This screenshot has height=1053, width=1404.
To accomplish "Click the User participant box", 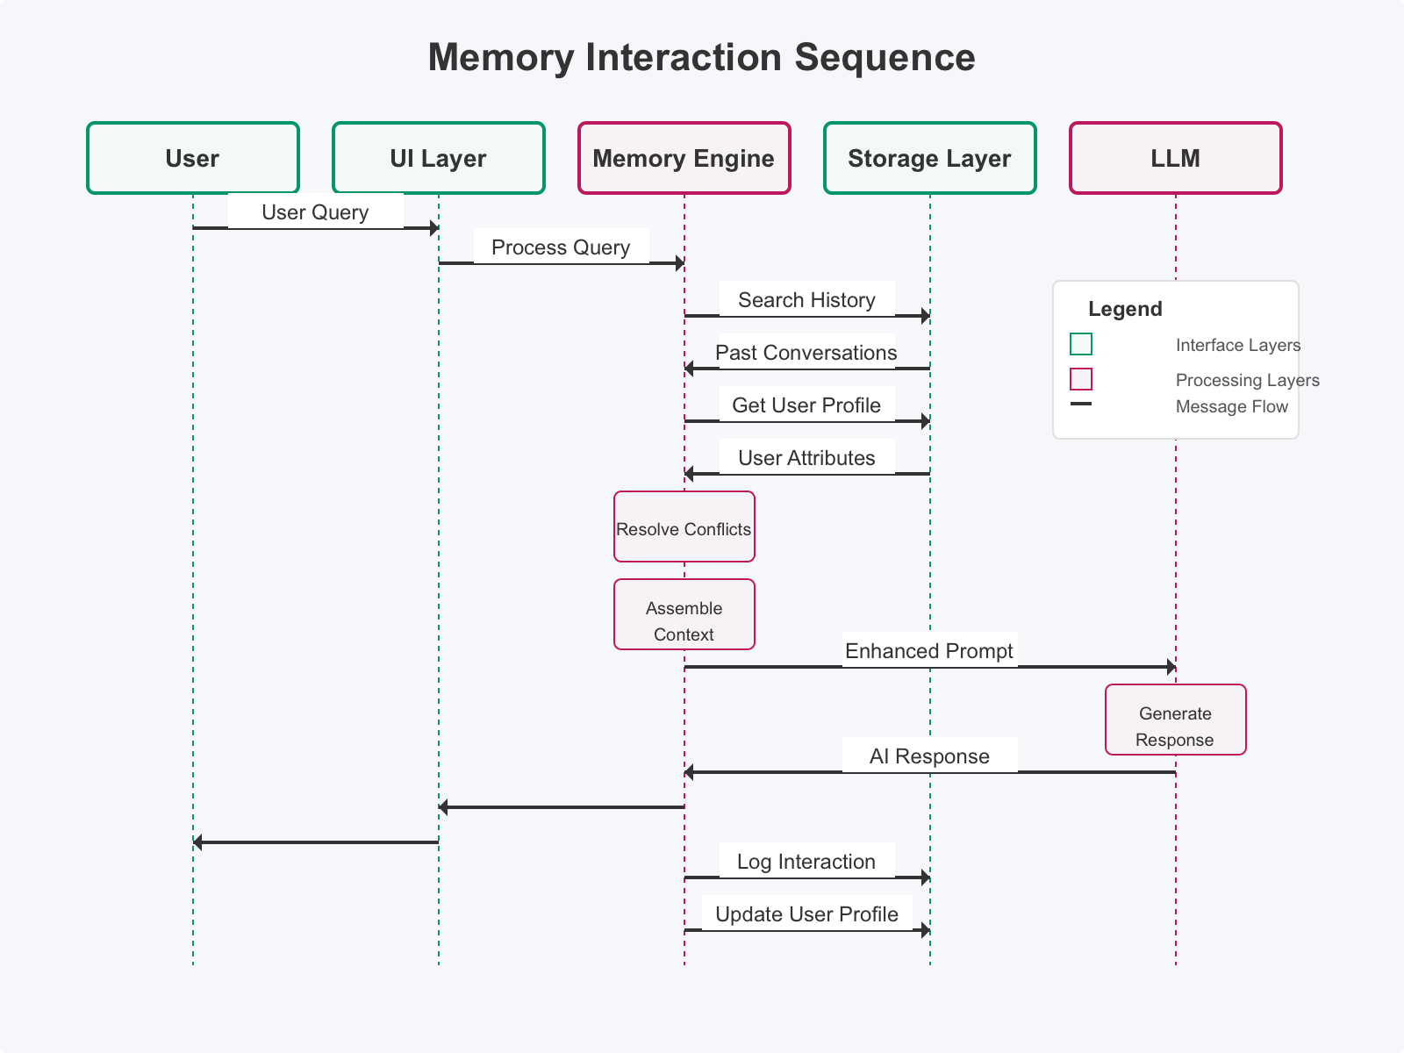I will pos(193,158).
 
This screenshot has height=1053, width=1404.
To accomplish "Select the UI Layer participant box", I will pos(439,158).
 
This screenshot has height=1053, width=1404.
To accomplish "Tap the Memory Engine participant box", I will pos(684,158).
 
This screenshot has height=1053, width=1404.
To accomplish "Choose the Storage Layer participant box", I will pos(930,158).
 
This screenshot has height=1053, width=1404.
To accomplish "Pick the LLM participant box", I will pos(1176,158).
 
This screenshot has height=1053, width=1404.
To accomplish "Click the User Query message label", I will pos(315,212).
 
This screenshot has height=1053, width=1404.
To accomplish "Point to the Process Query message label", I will pos(561,247).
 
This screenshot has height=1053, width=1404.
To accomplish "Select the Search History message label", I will pos(806,300).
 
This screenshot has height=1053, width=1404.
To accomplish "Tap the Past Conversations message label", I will pos(806,353).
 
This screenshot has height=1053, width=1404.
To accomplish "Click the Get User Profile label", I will pos(806,405).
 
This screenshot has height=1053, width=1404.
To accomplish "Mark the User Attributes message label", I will pos(806,458).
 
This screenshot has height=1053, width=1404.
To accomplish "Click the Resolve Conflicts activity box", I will pos(684,527).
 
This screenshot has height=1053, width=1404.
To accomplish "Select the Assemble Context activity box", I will pos(684,615).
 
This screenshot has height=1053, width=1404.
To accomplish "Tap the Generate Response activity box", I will pos(1176,720).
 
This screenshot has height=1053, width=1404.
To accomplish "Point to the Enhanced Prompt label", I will pos(929,651).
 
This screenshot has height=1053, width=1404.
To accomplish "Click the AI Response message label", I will pos(929,756).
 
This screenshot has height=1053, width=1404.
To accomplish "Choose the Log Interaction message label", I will pos(806,862).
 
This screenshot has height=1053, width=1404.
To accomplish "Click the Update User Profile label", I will pos(806,914).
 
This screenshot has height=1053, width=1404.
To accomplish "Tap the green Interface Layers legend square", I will pos(1081,344).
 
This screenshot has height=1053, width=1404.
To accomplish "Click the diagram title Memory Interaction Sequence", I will pos(702,58).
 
